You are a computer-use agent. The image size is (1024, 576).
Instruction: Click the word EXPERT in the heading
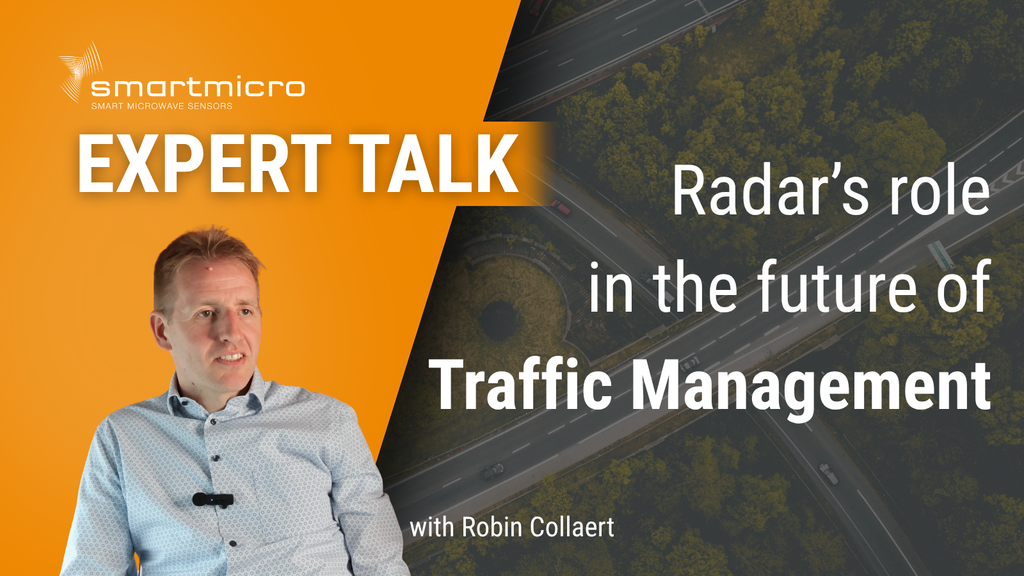coord(204,164)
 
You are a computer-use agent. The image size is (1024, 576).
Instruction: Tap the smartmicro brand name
coord(198,88)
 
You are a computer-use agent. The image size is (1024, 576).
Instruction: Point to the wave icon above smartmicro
coord(81,71)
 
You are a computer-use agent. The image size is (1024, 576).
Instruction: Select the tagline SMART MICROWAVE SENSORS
coord(162,106)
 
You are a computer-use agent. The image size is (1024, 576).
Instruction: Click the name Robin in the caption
coord(492,527)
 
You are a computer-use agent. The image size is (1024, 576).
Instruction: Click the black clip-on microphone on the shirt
coord(213,500)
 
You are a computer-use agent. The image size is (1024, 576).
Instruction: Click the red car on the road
coord(560,207)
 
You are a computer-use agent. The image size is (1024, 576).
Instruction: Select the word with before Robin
coord(432,527)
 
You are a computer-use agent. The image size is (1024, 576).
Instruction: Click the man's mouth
coord(231,357)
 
